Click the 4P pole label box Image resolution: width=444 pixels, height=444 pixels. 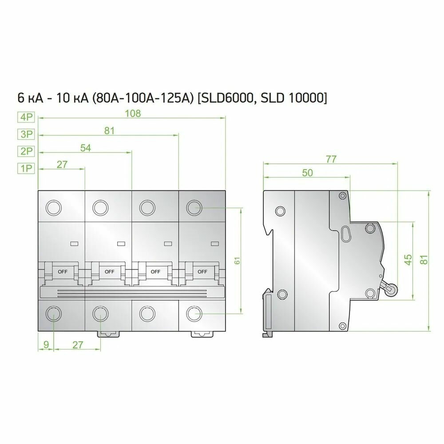click(26, 117)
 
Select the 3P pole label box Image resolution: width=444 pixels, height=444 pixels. click(26, 134)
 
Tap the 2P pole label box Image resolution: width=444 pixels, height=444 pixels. click(26, 151)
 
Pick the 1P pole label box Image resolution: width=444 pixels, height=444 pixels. click(26, 168)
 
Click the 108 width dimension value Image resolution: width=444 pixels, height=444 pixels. click(132, 113)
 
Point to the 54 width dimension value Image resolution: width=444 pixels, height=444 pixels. click(85, 148)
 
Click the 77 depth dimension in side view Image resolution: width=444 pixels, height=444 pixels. click(331, 159)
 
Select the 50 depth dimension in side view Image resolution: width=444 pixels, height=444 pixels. click(307, 173)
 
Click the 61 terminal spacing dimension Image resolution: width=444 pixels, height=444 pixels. click(237, 261)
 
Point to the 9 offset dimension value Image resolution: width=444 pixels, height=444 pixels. click(46, 345)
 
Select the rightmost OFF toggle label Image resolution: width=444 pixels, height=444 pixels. click(202, 271)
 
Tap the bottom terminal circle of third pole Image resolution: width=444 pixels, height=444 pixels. click(147, 313)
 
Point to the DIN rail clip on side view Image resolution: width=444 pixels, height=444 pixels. click(268, 313)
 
